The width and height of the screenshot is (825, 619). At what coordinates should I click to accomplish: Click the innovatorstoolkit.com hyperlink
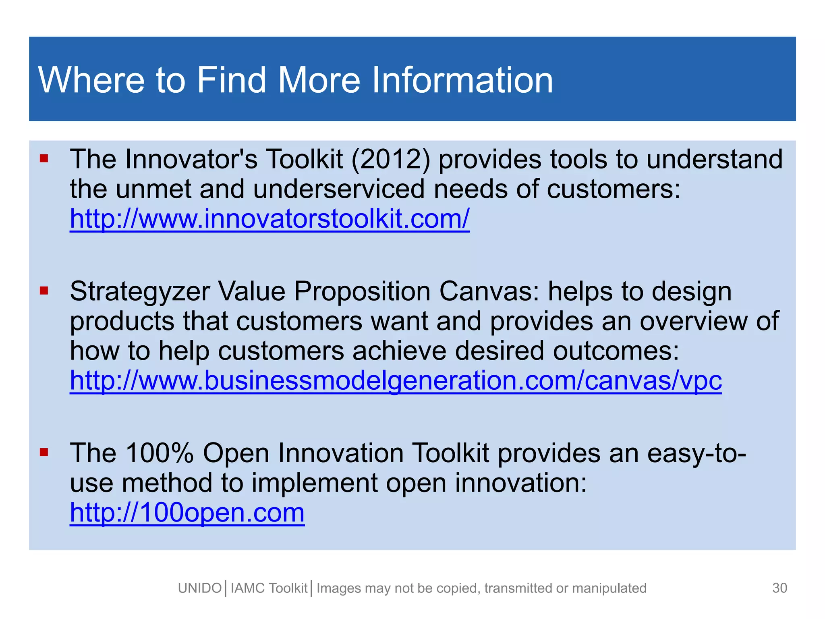click(269, 219)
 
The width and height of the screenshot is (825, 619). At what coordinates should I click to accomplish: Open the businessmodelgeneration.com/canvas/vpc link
click(396, 381)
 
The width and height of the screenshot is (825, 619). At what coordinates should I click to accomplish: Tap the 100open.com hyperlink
click(187, 513)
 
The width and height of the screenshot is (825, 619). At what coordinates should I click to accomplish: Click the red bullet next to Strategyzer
click(44, 290)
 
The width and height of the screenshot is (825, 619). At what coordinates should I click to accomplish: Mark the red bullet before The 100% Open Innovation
click(44, 452)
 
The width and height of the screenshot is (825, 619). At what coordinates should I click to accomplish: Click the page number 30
click(779, 588)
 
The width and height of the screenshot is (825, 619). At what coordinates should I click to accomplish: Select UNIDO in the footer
click(200, 588)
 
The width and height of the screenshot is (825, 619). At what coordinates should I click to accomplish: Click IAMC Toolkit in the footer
click(269, 588)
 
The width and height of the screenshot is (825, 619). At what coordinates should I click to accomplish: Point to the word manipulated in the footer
click(609, 588)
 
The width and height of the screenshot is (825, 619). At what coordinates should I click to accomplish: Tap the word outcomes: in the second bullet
click(616, 351)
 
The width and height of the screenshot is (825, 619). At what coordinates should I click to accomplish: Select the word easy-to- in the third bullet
click(696, 453)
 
